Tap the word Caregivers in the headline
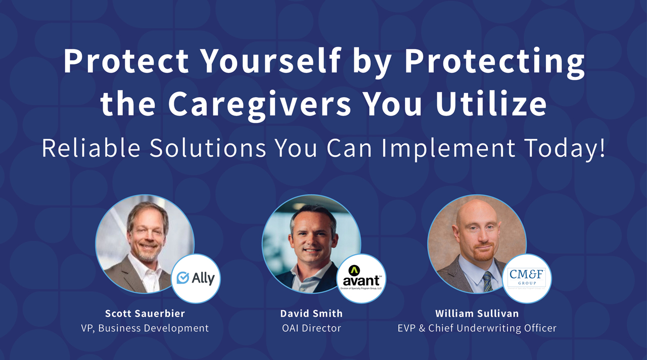click(259, 104)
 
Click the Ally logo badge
click(196, 278)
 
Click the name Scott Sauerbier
click(145, 313)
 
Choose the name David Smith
click(311, 313)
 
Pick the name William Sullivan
click(477, 313)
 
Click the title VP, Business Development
click(145, 328)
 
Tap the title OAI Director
click(311, 328)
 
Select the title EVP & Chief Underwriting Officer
click(477, 328)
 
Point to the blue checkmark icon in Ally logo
click(183, 278)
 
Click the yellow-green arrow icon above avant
click(354, 269)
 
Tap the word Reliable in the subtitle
click(84, 148)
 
